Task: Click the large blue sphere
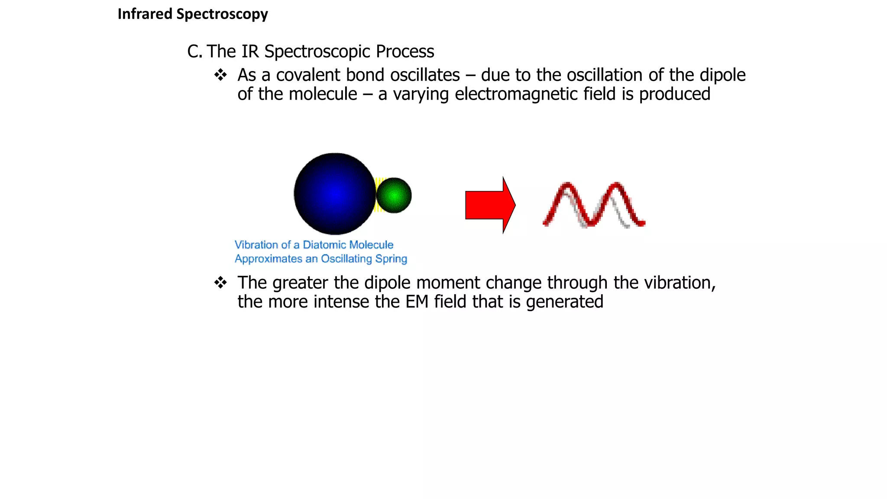334,194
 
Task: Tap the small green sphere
394,195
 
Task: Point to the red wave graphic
594,205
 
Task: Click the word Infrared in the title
145,14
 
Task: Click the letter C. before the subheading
194,52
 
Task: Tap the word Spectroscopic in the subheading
317,52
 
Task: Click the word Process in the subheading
405,52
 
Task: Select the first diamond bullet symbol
220,75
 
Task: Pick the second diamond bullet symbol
220,283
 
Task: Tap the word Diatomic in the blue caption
324,245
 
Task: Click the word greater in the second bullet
300,283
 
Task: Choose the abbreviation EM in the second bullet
417,302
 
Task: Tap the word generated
564,302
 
